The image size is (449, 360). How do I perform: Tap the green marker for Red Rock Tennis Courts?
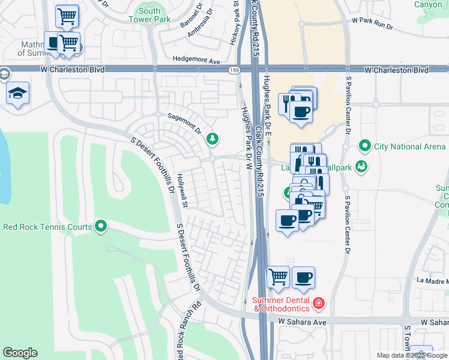[x=101, y=227]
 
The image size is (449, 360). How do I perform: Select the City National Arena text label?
[x=410, y=146]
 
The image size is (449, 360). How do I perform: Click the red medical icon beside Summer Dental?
[x=318, y=304]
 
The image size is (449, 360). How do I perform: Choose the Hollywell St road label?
[x=183, y=192]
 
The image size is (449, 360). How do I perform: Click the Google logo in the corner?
[x=20, y=353]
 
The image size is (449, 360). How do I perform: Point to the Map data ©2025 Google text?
[x=411, y=355]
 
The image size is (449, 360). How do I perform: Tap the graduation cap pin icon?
[x=17, y=93]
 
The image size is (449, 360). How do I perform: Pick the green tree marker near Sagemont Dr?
[x=212, y=139]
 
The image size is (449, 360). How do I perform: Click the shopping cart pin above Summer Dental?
[x=278, y=277]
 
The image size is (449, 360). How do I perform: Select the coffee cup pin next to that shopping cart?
[x=304, y=277]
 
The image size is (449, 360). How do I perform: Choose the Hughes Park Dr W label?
[x=246, y=138]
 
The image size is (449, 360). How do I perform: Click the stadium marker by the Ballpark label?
[x=361, y=167]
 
